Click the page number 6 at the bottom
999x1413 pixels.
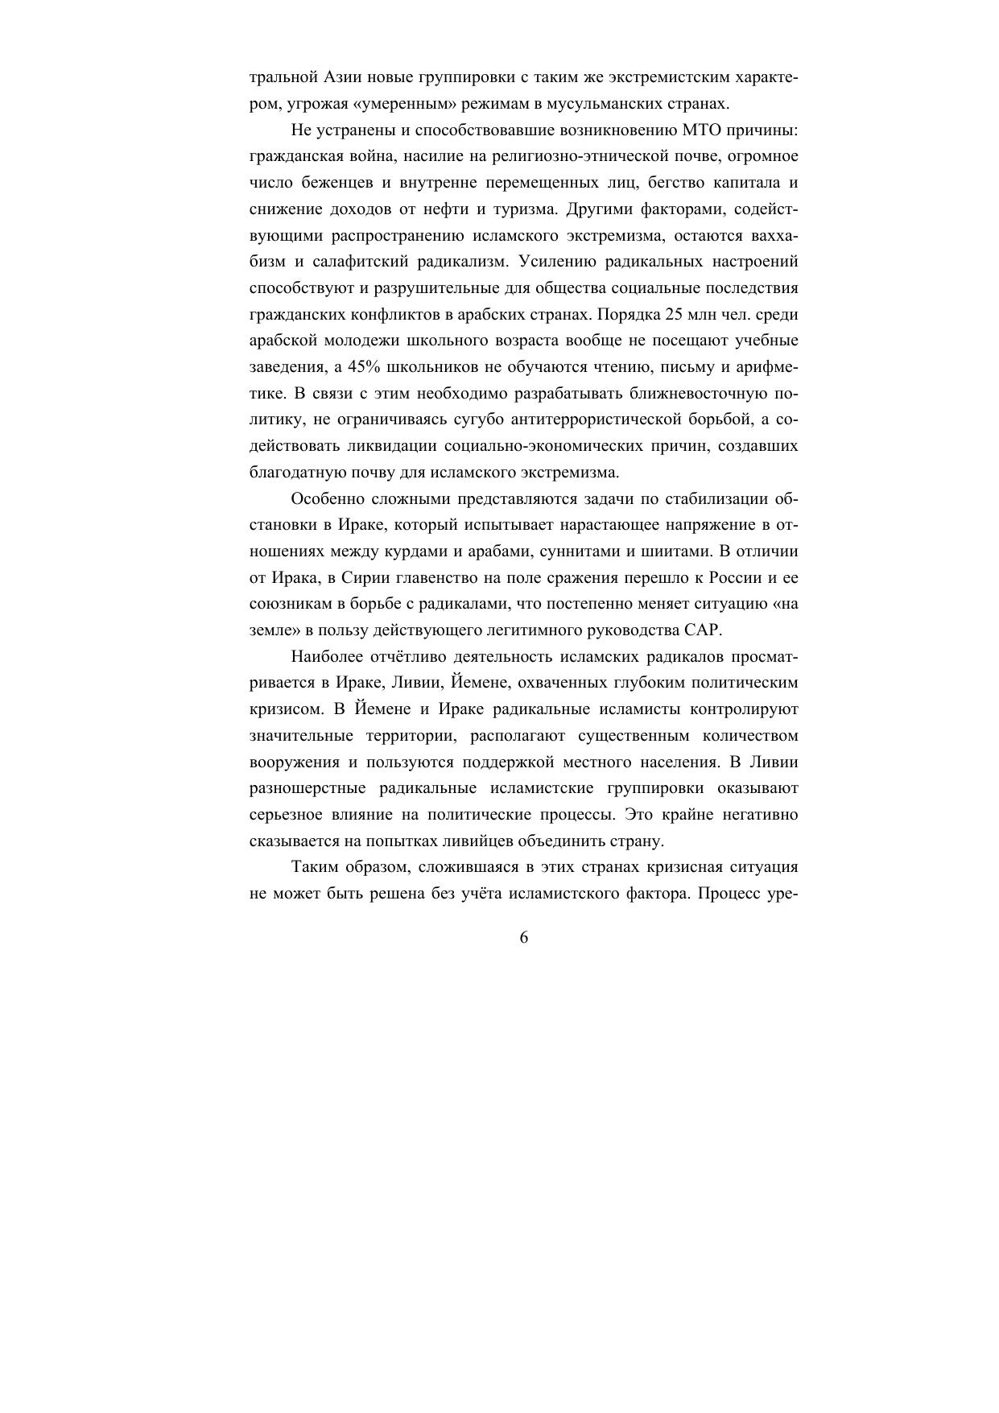point(524,937)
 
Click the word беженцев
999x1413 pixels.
point(335,183)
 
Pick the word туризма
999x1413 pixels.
point(524,209)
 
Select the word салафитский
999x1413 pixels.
point(366,262)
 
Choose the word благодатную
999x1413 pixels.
point(293,472)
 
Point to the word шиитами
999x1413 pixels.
point(681,552)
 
